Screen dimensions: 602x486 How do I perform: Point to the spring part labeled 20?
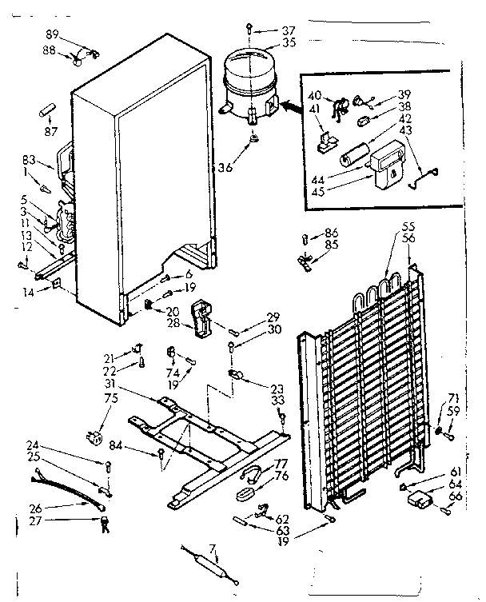(x=149, y=305)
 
